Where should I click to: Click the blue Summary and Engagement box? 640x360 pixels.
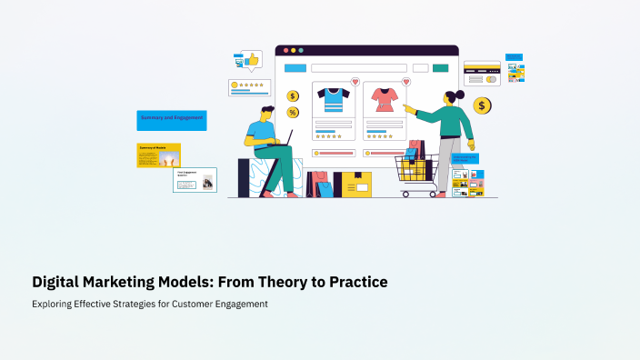[171, 120]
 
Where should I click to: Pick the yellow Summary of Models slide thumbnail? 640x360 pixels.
[159, 155]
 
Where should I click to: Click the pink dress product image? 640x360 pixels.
[384, 100]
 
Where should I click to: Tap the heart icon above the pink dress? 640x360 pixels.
[405, 82]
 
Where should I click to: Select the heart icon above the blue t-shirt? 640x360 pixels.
[355, 82]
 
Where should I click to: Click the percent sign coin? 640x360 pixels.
[293, 113]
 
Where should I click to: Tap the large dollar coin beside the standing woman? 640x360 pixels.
[483, 106]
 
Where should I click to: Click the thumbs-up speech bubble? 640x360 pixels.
[247, 60]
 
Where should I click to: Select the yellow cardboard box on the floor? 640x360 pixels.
[354, 185]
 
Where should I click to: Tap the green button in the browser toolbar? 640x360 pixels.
[441, 68]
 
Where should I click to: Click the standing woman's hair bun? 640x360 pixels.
[460, 95]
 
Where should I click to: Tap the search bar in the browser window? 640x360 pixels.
[358, 68]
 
